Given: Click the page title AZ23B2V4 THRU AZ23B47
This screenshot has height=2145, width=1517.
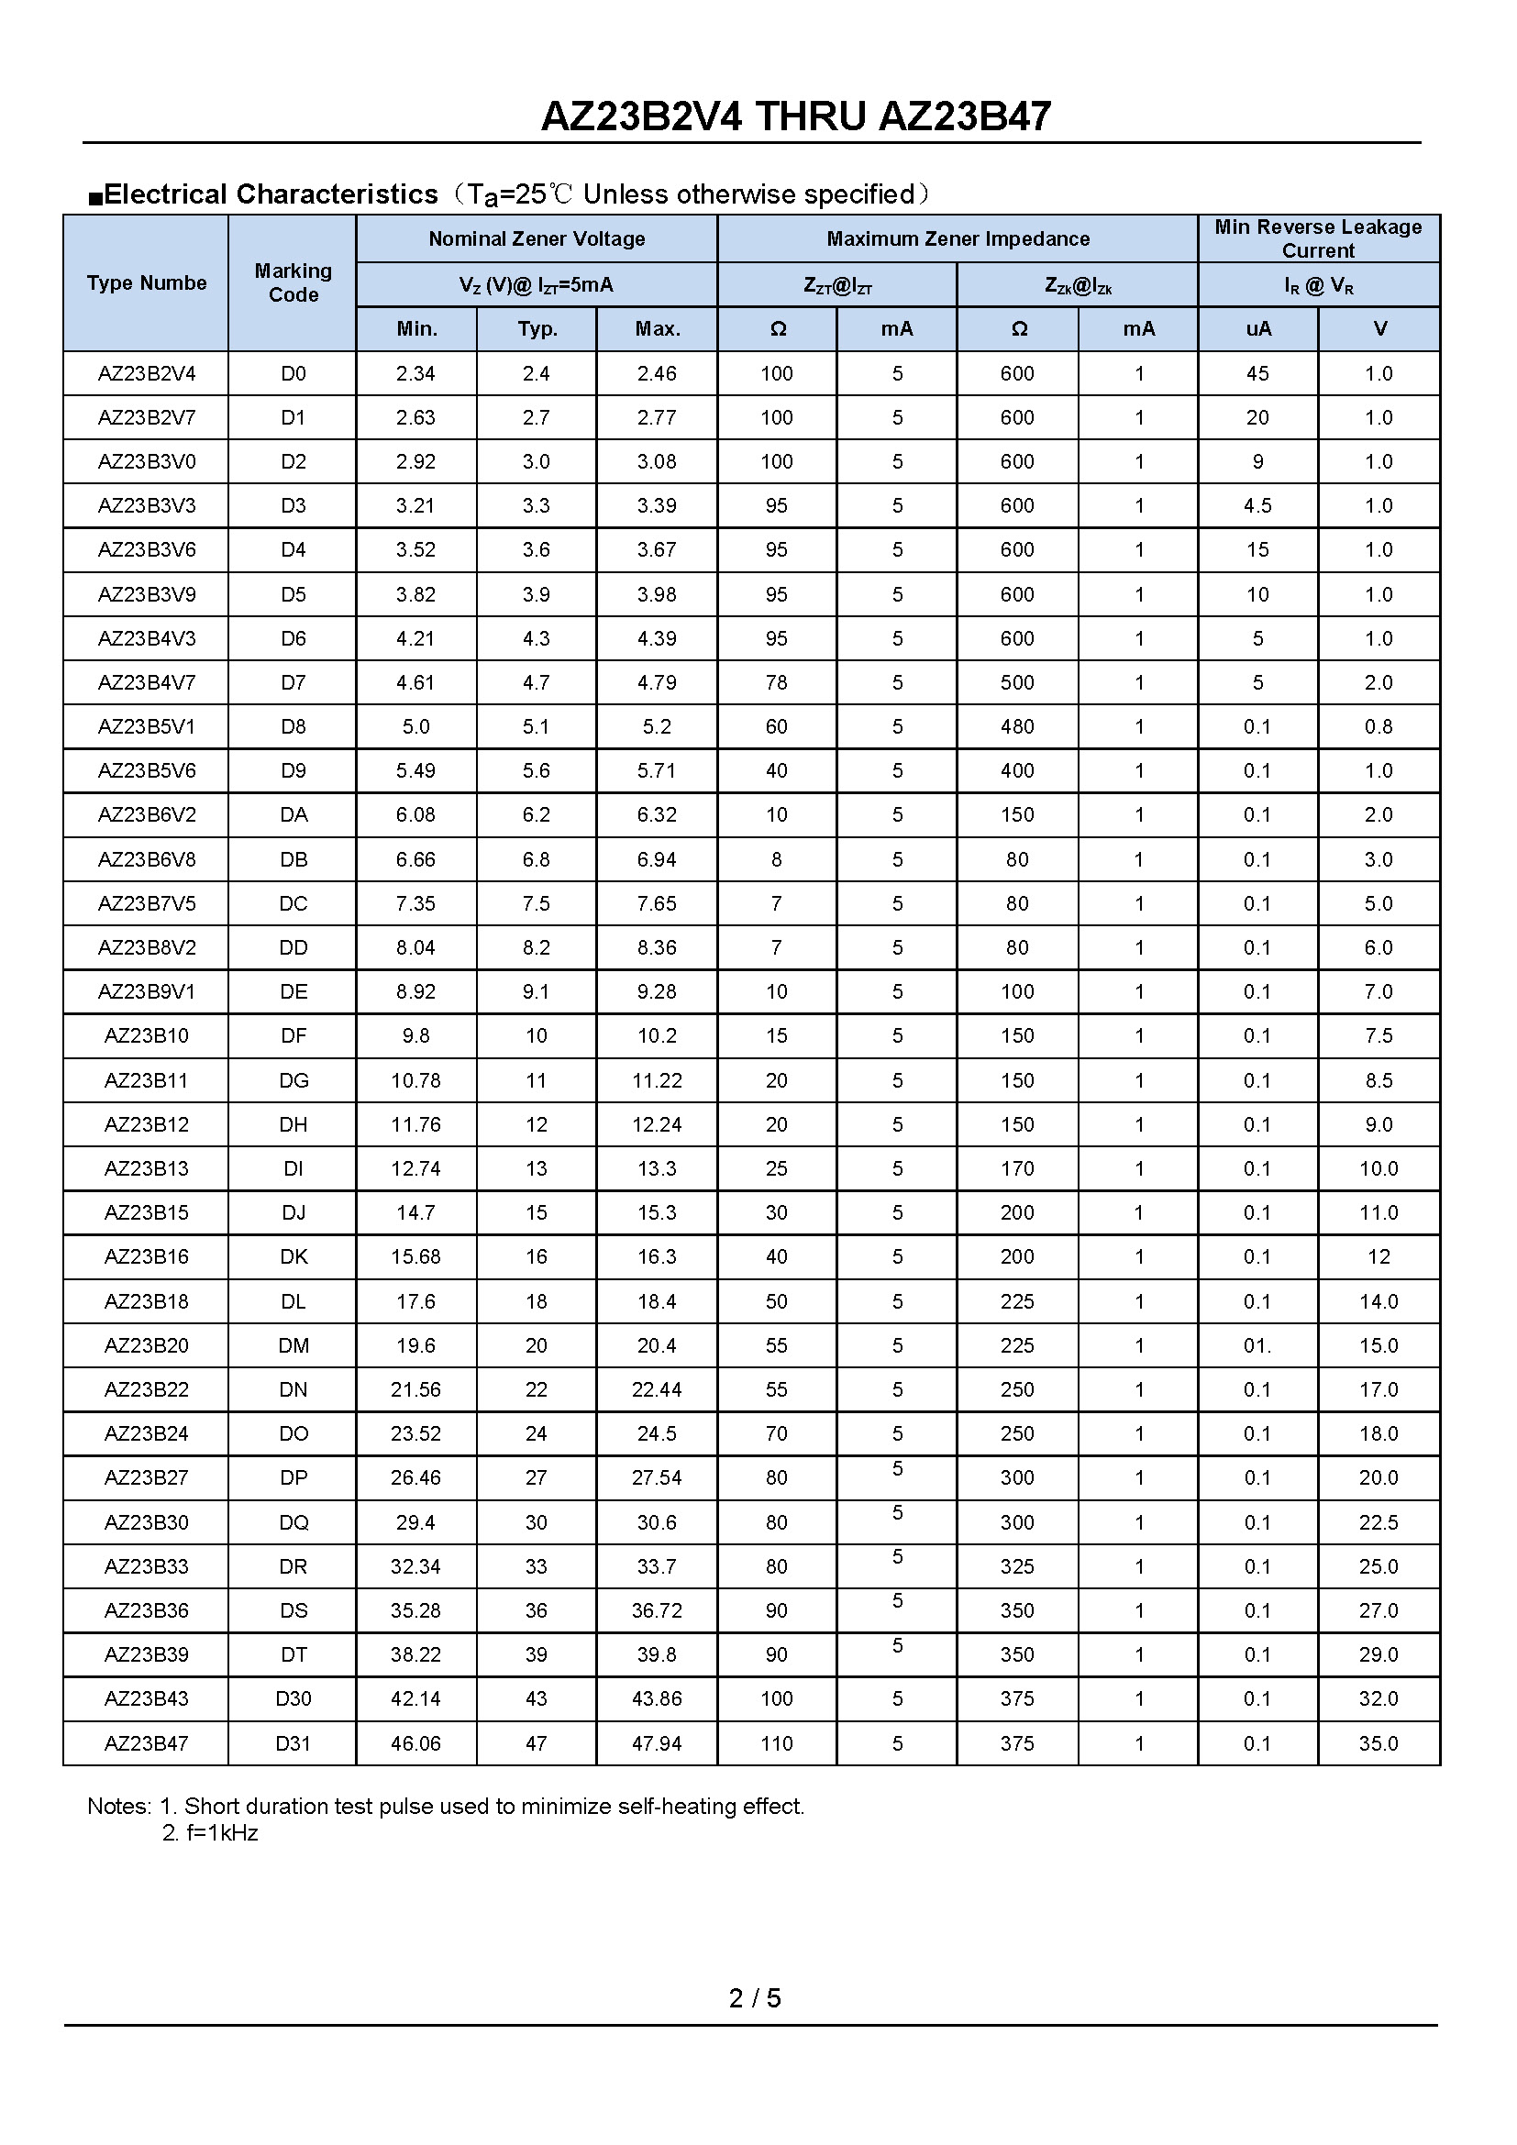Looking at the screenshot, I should (x=796, y=116).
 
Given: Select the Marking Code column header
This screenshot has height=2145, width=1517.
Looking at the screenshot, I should (x=293, y=282).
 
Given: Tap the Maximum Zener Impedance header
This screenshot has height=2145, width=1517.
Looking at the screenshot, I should (x=958, y=238).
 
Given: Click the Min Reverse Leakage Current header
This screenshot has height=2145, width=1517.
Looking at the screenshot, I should (x=1317, y=238).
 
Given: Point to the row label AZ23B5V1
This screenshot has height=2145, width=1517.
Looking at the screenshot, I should (x=147, y=727).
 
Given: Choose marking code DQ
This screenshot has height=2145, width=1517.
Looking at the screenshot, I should (x=293, y=1523).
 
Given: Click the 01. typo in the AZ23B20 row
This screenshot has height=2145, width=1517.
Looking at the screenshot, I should (x=1257, y=1345).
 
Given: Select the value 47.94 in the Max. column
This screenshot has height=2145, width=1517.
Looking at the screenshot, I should (x=657, y=1743).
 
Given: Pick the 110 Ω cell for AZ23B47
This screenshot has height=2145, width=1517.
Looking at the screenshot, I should (x=776, y=1743).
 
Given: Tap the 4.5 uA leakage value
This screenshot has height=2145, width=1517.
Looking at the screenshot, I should (x=1257, y=505).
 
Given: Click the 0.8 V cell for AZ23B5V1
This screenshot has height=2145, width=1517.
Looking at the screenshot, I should (x=1379, y=727).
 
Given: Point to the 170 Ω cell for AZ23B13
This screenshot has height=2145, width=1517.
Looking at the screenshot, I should (x=1017, y=1168).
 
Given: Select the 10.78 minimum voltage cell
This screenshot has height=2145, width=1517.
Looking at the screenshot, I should (x=415, y=1081).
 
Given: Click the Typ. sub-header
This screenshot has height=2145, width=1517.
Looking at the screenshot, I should (x=537, y=329).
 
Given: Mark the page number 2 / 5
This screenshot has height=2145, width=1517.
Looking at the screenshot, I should (x=755, y=1998).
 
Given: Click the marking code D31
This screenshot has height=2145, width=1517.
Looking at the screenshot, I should (x=293, y=1743).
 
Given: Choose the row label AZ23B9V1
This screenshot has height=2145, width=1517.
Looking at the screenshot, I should (x=147, y=992).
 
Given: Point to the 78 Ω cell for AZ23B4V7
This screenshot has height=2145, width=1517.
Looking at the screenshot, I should (x=776, y=683).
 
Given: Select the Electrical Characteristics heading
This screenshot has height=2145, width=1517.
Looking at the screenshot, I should (x=271, y=194).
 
